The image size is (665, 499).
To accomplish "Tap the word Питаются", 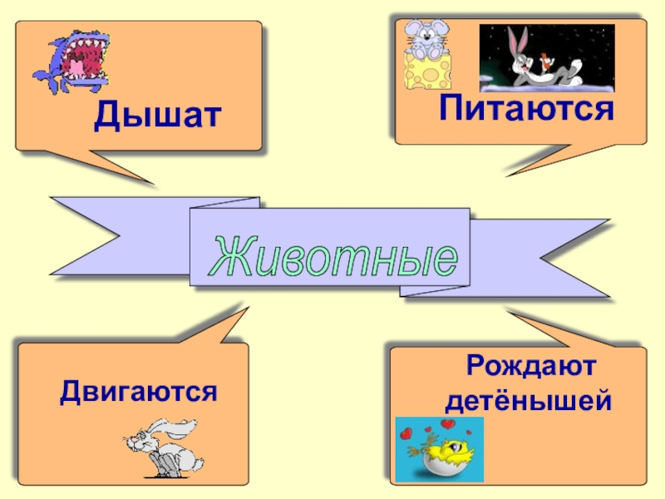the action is (526, 108).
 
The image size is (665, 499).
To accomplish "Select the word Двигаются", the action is (138, 389).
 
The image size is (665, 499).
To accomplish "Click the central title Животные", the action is (333, 254).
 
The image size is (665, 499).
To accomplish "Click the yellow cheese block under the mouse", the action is (426, 72).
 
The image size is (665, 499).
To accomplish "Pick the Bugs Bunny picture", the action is (546, 58).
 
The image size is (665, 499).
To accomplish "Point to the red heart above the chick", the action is (447, 425).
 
